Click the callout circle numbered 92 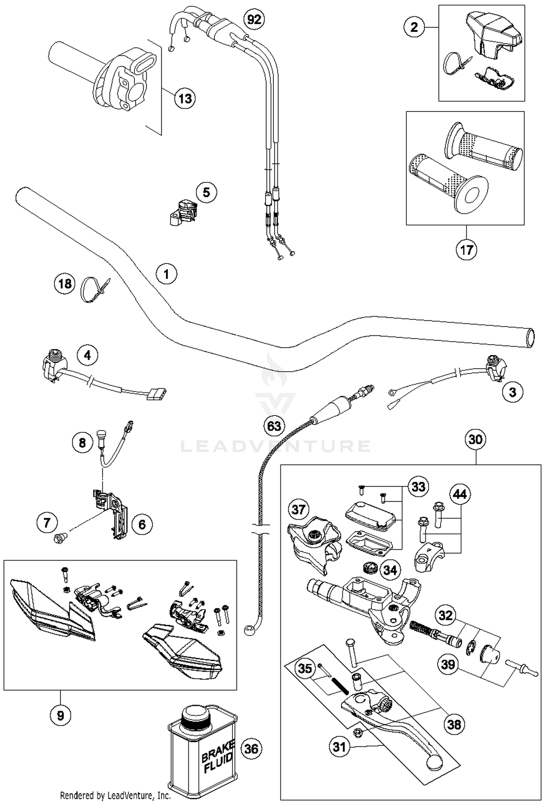[254, 19]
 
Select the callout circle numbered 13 [185, 98]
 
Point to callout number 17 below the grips [466, 250]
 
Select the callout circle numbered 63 [274, 426]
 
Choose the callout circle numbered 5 [206, 192]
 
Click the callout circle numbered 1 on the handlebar [166, 274]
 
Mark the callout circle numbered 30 [475, 439]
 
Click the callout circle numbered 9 [60, 715]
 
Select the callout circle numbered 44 [460, 494]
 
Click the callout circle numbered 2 [414, 27]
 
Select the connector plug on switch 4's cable [157, 394]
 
